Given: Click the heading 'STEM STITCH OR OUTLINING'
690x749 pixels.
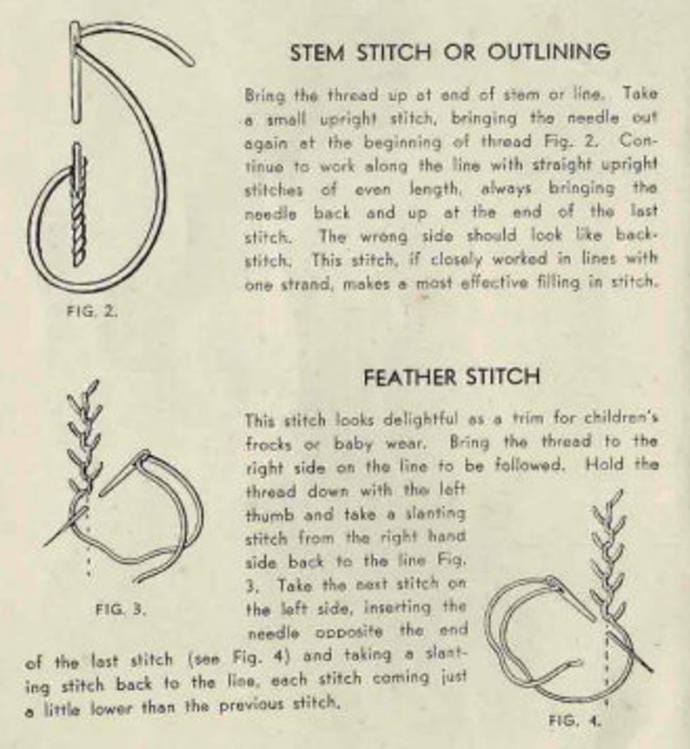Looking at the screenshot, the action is click(450, 51).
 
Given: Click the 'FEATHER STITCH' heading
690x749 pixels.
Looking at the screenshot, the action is click(452, 377).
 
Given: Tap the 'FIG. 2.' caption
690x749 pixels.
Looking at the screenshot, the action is click(92, 311).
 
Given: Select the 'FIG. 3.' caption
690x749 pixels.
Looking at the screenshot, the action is click(121, 609).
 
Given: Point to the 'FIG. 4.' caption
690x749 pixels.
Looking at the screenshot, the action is click(574, 720).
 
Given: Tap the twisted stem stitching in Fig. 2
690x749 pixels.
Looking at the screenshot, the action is click(79, 205).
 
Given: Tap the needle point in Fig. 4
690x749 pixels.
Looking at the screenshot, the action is click(651, 671).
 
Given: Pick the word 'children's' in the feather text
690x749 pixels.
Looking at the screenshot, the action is click(621, 419).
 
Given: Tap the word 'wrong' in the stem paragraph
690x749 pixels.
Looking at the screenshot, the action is click(384, 236).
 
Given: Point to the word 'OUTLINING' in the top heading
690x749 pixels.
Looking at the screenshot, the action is click(549, 51).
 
